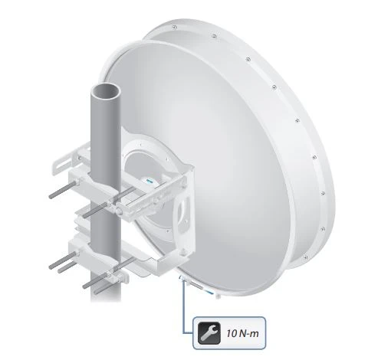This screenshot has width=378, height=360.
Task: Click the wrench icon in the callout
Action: pyautogui.click(x=209, y=333)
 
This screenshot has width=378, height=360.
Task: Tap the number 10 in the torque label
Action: pyautogui.click(x=232, y=333)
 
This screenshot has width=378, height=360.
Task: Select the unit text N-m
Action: pyautogui.click(x=249, y=333)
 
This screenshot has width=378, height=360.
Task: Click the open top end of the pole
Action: pyautogui.click(x=106, y=91)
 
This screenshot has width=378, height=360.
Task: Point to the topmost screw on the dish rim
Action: pyautogui.click(x=174, y=27)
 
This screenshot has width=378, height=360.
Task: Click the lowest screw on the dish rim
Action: pyautogui.click(x=305, y=258)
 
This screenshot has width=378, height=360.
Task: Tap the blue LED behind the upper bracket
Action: pyautogui.click(x=149, y=182)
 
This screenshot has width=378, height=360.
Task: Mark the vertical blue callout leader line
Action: pyautogui.click(x=184, y=306)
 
